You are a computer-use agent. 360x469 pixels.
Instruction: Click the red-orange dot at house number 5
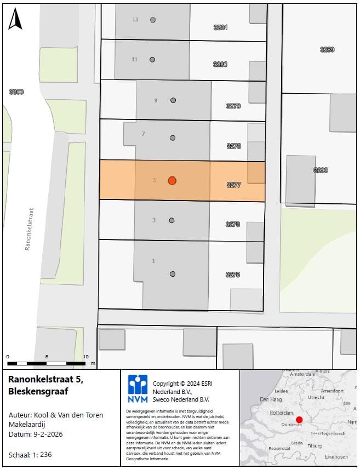tap(172, 180)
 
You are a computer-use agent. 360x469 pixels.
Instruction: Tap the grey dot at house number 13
tap(153, 20)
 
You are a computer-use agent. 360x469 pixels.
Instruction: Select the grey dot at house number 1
tap(173, 274)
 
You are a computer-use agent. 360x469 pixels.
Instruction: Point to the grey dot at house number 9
tap(173, 100)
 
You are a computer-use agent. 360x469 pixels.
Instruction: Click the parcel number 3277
tap(233, 185)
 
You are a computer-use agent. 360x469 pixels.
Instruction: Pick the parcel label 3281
tap(220, 27)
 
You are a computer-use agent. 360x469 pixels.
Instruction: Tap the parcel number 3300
tap(16, 92)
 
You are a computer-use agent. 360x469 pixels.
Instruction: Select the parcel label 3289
tap(327, 49)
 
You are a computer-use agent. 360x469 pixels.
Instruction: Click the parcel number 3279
tap(233, 106)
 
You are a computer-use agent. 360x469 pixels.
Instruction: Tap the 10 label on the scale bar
tap(85, 357)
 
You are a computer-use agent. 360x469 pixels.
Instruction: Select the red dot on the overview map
tap(299, 420)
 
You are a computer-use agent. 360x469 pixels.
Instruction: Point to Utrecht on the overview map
tap(317, 397)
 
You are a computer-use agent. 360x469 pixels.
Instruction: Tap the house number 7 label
tap(144, 134)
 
